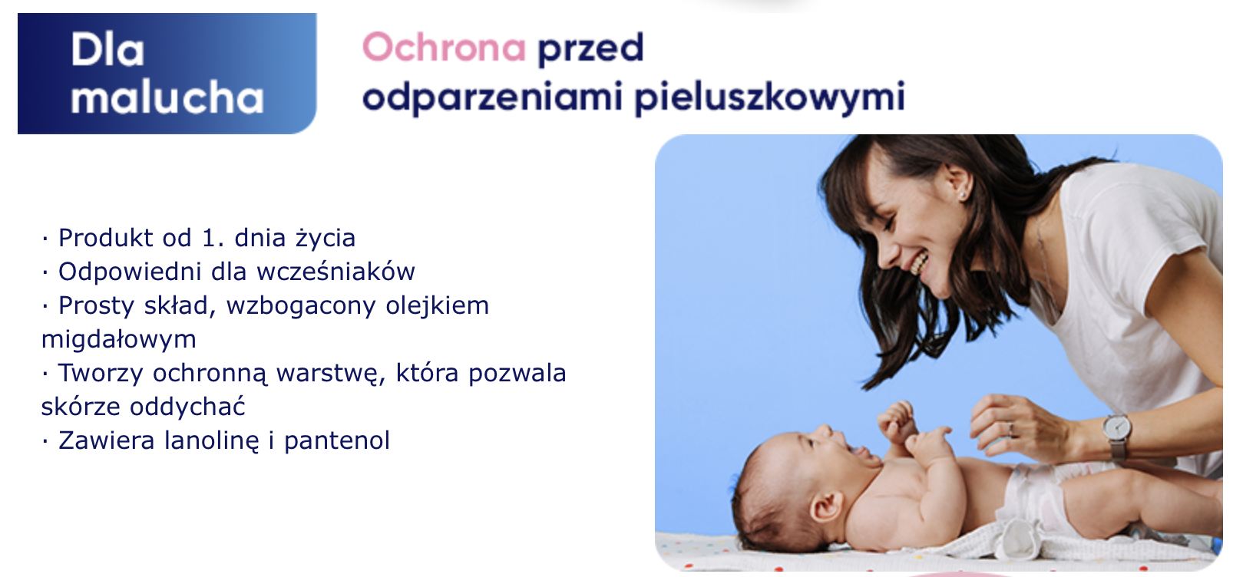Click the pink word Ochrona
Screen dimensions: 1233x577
444,48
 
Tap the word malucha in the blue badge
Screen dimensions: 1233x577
167,97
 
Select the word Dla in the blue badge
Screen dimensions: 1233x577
108,50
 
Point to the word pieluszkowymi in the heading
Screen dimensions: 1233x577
769,98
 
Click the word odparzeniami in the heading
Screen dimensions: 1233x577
492,98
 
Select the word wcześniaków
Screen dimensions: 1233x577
336,272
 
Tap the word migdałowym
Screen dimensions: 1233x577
119,339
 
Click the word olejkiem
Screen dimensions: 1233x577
437,305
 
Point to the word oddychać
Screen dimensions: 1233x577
187,407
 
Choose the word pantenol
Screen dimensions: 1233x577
337,440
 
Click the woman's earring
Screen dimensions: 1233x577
962,195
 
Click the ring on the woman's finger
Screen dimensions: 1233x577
1010,430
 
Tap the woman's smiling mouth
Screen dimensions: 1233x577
917,263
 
